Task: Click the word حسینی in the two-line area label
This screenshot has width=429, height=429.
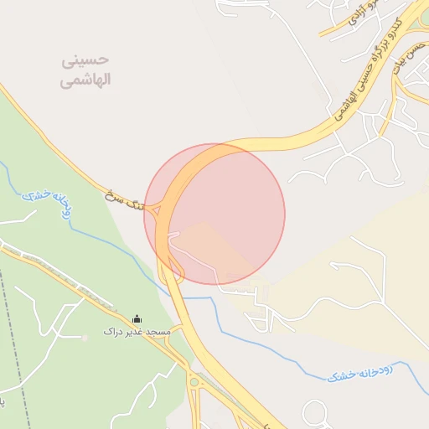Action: pos(86,61)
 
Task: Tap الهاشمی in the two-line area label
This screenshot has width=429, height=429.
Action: pos(86,81)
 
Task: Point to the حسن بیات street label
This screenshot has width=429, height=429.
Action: pos(406,55)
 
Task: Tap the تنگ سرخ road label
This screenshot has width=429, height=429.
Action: pos(125,202)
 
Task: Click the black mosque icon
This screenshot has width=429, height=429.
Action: pos(137,318)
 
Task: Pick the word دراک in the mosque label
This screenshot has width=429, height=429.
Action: pos(113,332)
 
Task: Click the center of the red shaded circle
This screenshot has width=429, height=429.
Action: pos(214,214)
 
